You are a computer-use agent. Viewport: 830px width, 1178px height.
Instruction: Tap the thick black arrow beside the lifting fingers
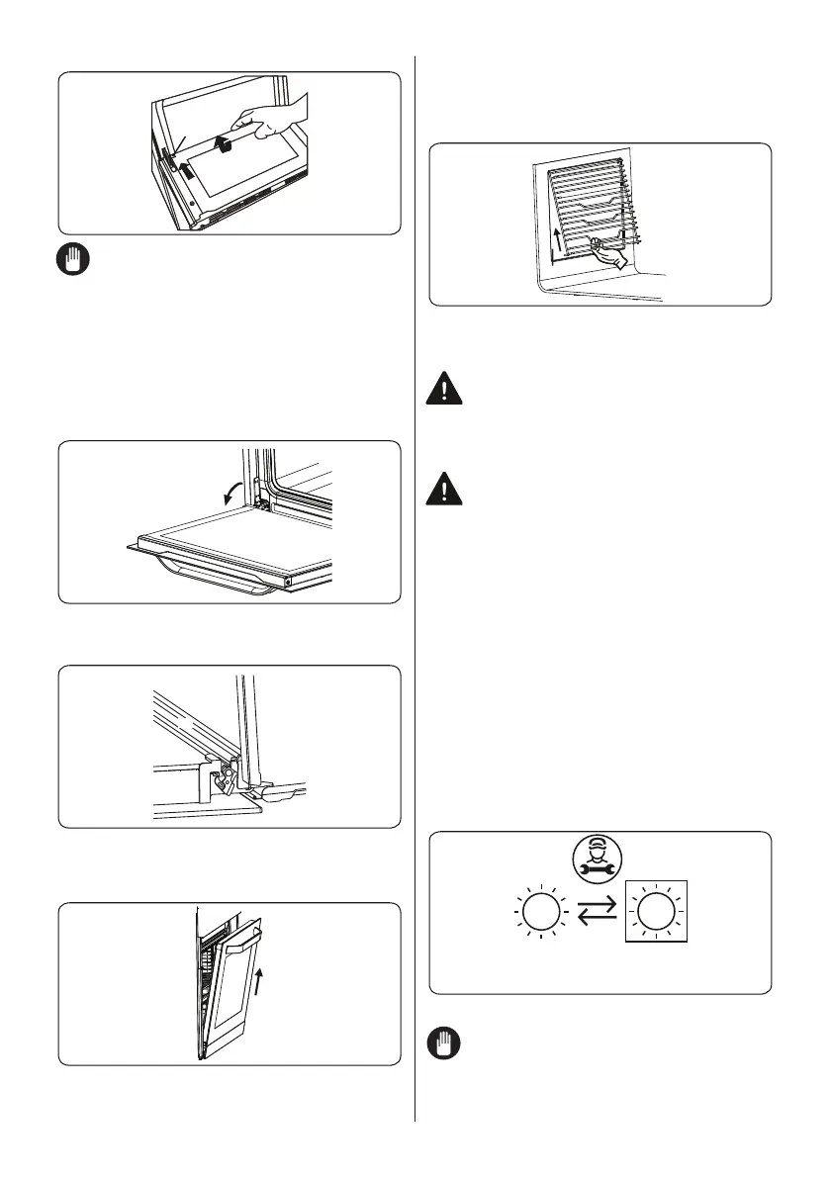click(x=227, y=145)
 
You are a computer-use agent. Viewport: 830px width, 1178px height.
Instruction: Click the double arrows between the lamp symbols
click(x=594, y=911)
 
